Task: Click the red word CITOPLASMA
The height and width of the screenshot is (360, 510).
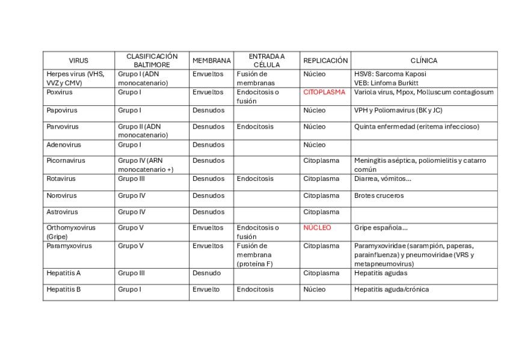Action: coord(324,93)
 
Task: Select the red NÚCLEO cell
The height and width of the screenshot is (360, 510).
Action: coord(317,228)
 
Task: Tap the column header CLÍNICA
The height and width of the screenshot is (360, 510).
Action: coord(424,61)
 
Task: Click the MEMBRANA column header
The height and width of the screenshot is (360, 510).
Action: coord(211,61)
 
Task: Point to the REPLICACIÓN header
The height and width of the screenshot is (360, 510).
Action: coord(325,61)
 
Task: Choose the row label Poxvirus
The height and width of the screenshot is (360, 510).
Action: coord(60,93)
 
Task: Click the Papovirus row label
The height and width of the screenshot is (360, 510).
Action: coord(62,111)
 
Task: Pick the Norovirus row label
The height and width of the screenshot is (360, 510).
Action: coord(62,195)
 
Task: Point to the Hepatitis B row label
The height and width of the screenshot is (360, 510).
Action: coord(64,289)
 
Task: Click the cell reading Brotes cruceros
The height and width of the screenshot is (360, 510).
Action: coord(379,195)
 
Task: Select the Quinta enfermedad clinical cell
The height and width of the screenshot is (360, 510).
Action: coord(417,127)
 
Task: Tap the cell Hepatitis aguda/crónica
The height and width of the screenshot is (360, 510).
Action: coord(392,289)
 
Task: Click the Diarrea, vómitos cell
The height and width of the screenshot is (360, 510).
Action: coord(382,178)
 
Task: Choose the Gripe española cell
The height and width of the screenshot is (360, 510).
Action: coord(381,228)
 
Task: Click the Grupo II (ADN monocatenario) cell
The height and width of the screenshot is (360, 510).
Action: coord(143,131)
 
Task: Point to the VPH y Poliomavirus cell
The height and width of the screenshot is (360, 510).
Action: coord(398,111)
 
